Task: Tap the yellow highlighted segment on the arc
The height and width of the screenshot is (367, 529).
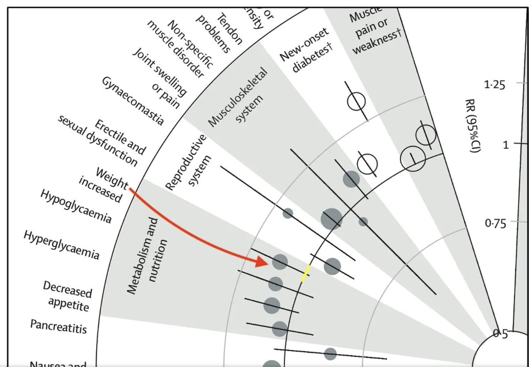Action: coord(305,274)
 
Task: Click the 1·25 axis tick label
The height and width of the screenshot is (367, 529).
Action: coord(495,85)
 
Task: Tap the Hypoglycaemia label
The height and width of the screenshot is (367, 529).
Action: coord(76,206)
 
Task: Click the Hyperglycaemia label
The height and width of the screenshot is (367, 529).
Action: coord(62,245)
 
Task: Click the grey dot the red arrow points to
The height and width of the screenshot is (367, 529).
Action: coord(280,262)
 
